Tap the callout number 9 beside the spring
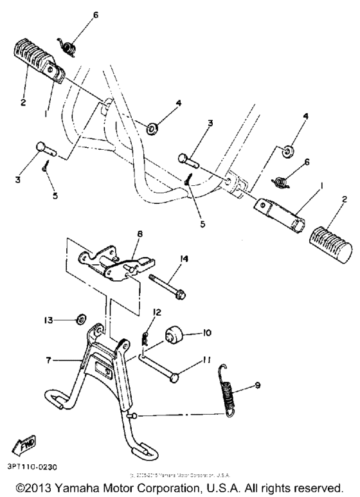tap(258, 386)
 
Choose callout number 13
tap(48, 320)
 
